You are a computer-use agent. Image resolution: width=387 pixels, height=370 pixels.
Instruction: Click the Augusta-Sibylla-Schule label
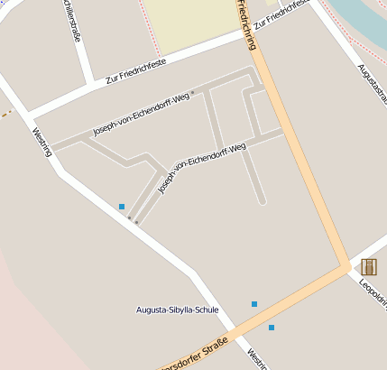(x=177, y=310)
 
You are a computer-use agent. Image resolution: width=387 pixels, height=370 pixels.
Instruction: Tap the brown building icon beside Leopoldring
(x=368, y=266)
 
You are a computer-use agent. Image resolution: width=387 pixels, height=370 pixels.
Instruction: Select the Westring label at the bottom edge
(x=257, y=360)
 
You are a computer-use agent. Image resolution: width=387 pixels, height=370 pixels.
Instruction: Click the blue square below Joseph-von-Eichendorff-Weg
(x=122, y=207)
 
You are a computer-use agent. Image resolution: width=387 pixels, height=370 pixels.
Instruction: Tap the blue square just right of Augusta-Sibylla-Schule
(x=254, y=304)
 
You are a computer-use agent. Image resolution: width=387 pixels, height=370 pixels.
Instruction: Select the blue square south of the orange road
(x=271, y=327)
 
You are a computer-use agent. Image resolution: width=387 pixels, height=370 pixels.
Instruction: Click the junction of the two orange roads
(x=345, y=268)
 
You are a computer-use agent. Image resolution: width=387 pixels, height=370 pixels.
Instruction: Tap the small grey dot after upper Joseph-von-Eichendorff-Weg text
(x=193, y=93)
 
